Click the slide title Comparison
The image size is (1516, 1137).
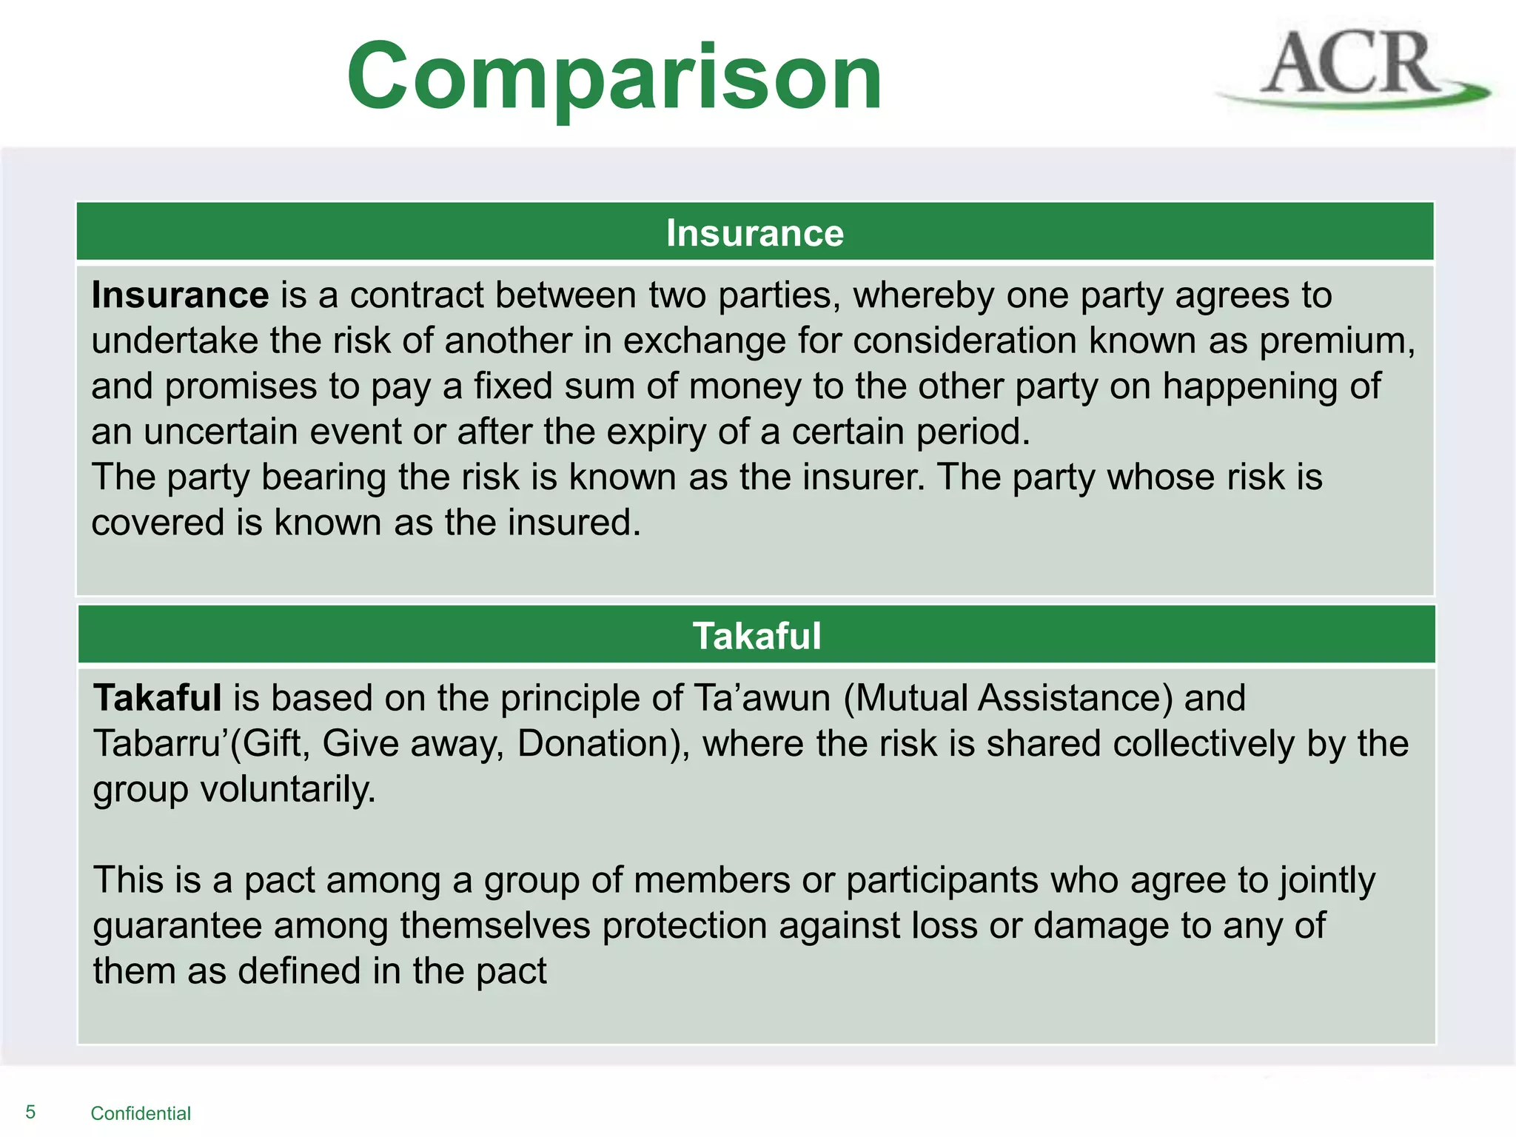click(614, 76)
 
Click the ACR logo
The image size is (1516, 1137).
click(1352, 68)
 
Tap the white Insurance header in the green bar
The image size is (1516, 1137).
click(754, 233)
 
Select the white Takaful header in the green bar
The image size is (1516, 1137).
click(757, 636)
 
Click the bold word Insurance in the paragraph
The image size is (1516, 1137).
click(180, 295)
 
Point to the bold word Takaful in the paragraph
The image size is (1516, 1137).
click(157, 698)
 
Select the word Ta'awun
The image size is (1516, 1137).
click(762, 698)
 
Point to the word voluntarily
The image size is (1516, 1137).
click(288, 790)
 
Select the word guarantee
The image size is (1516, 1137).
click(178, 926)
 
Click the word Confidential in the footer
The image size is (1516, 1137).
click(141, 1113)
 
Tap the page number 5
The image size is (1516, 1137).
click(30, 1112)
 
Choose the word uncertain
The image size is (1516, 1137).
click(221, 432)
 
